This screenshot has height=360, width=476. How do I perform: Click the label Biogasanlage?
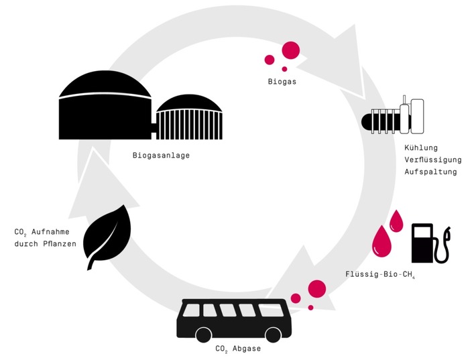(x=161, y=156)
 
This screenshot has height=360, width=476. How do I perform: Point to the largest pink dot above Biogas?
(x=290, y=50)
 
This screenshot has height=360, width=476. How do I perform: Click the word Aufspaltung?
(x=430, y=172)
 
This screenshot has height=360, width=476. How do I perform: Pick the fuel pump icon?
(x=429, y=243)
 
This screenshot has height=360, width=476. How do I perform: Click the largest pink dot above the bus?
(x=316, y=288)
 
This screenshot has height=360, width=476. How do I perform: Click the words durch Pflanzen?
(x=46, y=243)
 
